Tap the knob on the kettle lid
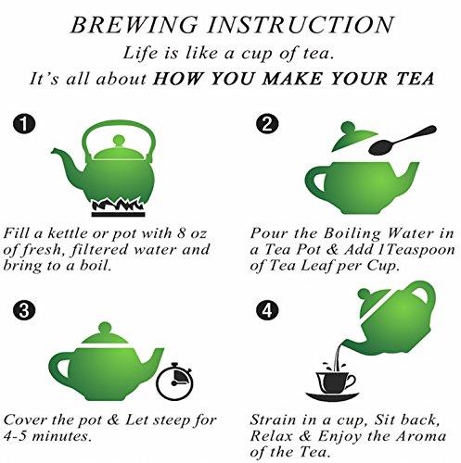(x=118, y=140)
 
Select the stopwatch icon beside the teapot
(x=169, y=382)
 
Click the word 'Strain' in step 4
(x=275, y=419)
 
